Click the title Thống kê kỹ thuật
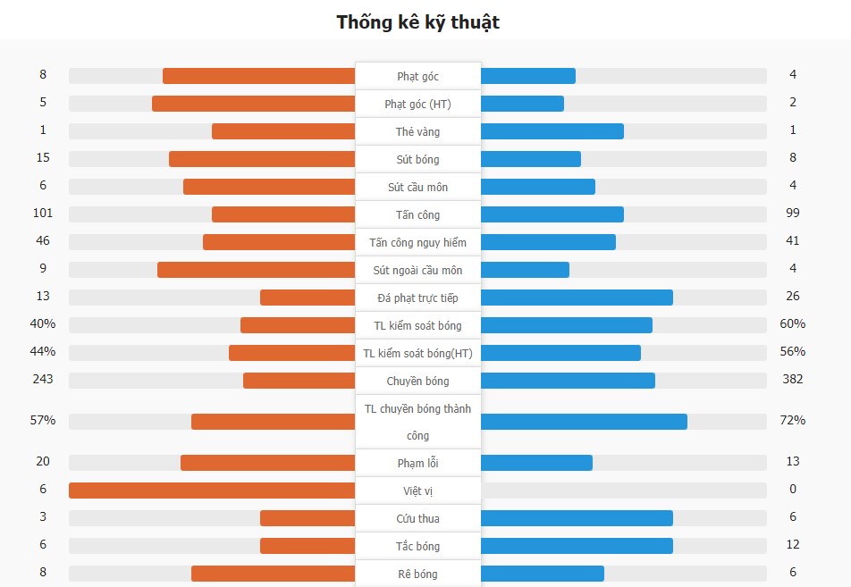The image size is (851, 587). point(417,22)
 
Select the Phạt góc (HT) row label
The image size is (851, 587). point(417,104)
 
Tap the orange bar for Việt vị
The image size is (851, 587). point(212,491)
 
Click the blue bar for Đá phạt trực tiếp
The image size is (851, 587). point(577,298)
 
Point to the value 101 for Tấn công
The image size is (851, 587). point(43,213)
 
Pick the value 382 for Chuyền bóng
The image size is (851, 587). point(792,379)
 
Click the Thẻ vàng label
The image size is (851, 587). point(417,131)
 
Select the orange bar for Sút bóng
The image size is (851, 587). point(262,159)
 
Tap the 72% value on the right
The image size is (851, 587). point(792,420)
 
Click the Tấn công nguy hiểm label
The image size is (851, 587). point(417,242)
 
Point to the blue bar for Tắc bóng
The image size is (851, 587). point(577,546)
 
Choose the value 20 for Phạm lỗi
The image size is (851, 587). point(43,461)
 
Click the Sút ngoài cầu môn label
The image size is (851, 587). point(417,270)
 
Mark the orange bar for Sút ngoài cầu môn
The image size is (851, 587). point(257,270)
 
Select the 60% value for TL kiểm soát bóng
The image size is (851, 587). point(792,323)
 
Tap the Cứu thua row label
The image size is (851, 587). point(417,518)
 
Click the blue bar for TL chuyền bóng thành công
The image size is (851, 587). point(584,422)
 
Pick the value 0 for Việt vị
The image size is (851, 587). point(793,489)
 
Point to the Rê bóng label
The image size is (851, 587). point(417,574)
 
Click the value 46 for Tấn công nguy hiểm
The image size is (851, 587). point(43,240)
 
